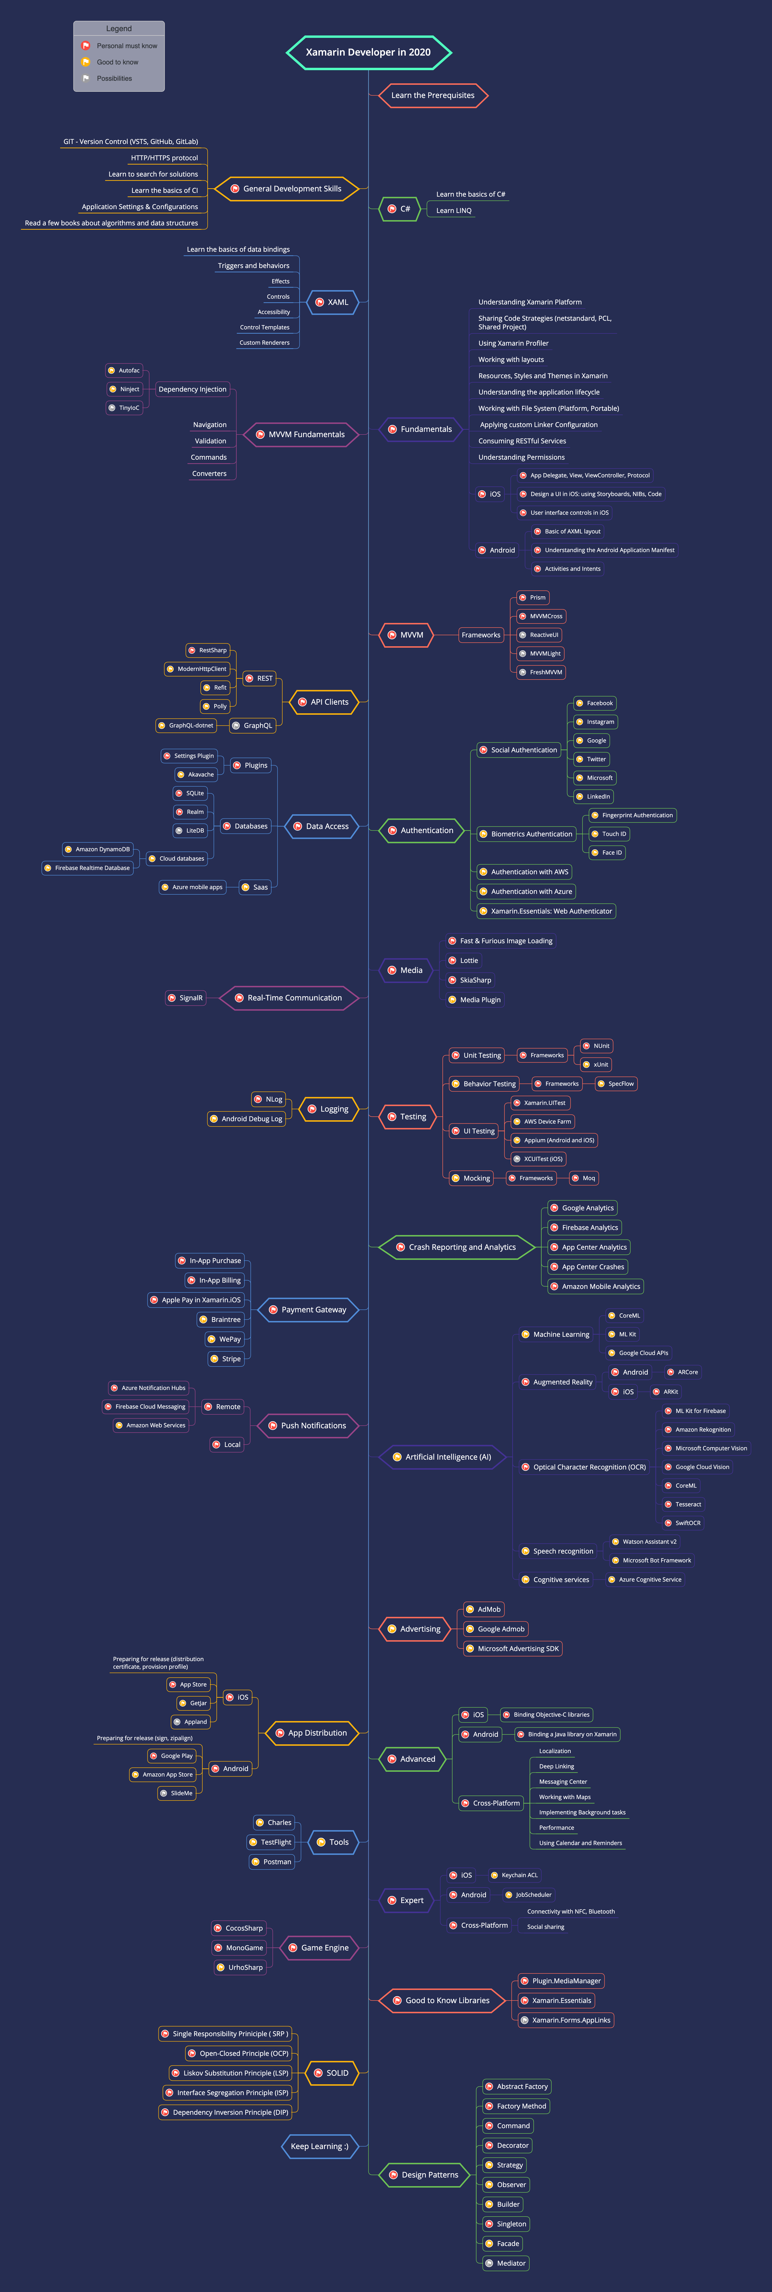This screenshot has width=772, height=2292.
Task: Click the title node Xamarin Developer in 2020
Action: click(x=368, y=52)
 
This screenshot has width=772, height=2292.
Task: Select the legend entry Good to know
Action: click(x=117, y=62)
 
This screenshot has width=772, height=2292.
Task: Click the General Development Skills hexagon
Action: click(x=287, y=189)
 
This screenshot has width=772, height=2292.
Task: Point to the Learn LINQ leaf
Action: click(x=454, y=211)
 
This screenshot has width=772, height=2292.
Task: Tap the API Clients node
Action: click(x=324, y=702)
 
